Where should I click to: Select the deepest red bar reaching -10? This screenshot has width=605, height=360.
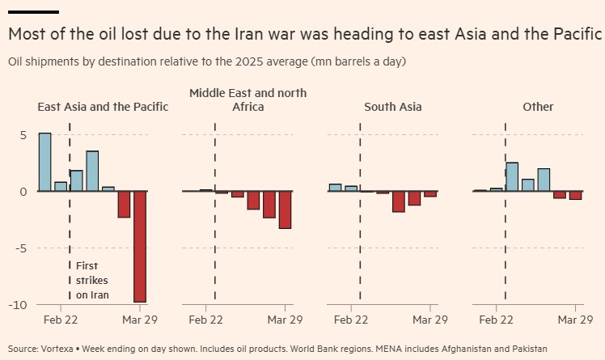pos(139,247)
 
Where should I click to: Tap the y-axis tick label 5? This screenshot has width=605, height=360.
pos(23,135)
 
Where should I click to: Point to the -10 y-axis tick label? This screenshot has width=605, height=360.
pos(18,305)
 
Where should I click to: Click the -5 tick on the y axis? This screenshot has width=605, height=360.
pos(20,248)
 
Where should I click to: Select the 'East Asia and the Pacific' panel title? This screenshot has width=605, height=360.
pos(103,107)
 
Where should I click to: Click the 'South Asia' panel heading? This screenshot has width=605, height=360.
pos(392,107)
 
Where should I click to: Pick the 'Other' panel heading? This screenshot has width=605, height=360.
pos(538,107)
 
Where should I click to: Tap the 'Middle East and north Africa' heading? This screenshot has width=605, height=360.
pos(247,100)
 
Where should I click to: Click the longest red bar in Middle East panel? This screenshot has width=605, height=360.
pos(285,210)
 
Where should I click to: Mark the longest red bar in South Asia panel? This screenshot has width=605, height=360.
pos(398,201)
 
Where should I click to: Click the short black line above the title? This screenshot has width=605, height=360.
pos(33,12)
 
